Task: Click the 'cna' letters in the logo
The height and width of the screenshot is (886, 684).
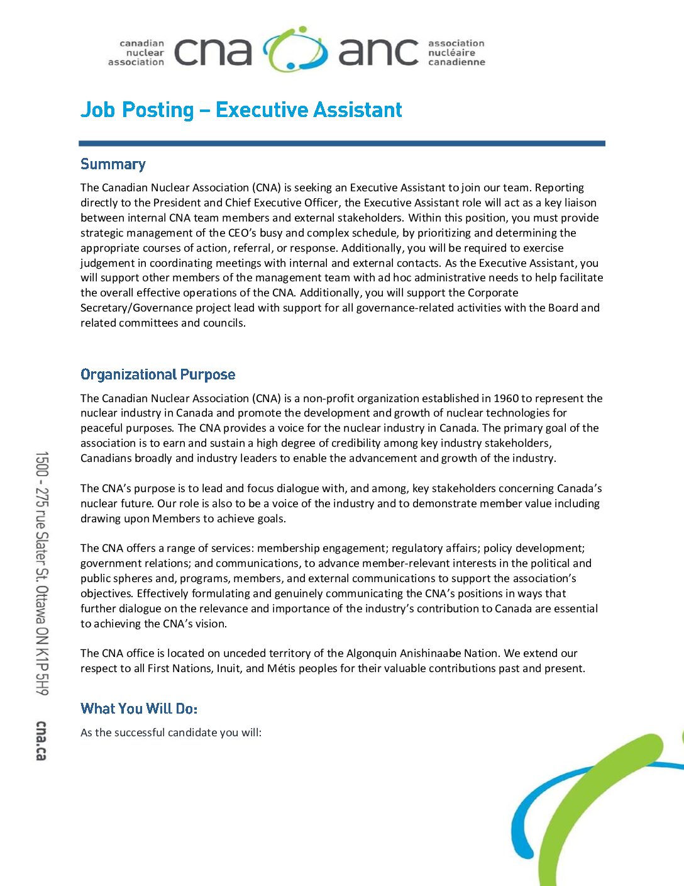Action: pos(212,52)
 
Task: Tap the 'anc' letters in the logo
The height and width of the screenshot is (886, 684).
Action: pos(378,52)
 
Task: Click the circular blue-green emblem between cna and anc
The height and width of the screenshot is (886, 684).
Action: pos(295,50)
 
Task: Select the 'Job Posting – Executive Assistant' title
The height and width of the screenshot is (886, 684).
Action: pos(241,110)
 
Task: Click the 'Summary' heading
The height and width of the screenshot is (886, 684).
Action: pos(113,164)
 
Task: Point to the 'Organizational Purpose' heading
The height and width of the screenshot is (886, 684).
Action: pos(158,374)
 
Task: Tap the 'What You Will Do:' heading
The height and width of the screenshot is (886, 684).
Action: pos(139,709)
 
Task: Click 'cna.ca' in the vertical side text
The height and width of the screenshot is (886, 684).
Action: pos(41,741)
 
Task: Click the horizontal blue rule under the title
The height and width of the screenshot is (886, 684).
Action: pos(342,143)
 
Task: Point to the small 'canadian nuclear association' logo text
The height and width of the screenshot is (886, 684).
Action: pos(136,53)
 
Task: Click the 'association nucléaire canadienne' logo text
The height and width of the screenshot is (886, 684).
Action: pos(456,53)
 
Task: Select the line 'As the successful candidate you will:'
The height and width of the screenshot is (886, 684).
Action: pos(171,732)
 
